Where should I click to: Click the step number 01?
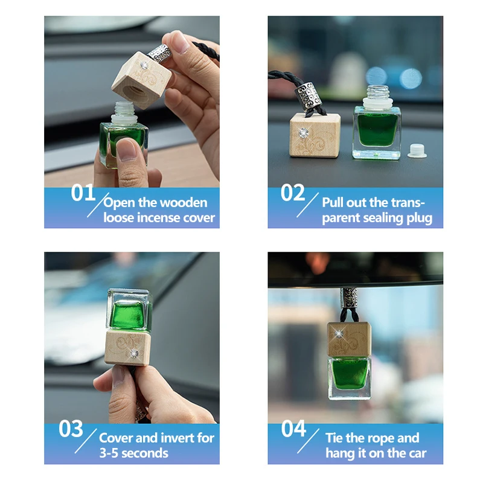(x=83, y=193)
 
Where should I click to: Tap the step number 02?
(x=293, y=193)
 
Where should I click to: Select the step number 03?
(x=71, y=429)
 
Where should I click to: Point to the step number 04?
(x=294, y=429)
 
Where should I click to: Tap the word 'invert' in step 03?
(x=179, y=438)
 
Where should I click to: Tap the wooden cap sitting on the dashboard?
(x=314, y=135)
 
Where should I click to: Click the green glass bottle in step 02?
(x=376, y=130)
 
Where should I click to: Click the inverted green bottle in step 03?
(x=128, y=310)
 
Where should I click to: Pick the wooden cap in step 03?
(x=127, y=346)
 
